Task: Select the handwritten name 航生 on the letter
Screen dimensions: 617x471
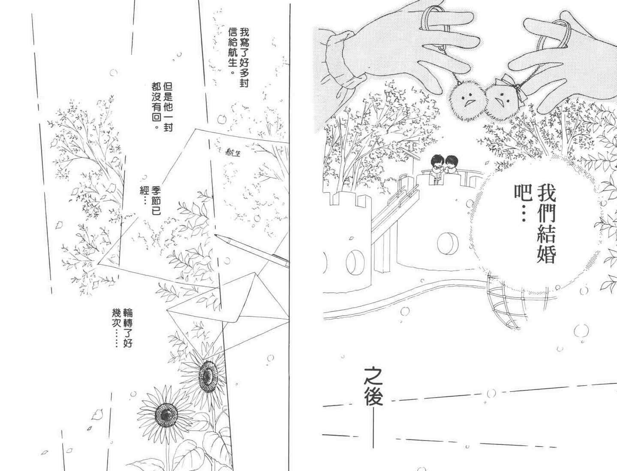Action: click(232, 153)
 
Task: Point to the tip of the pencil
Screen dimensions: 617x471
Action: click(215, 235)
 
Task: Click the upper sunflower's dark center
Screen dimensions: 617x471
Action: click(208, 374)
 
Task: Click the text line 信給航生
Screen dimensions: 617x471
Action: click(233, 50)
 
